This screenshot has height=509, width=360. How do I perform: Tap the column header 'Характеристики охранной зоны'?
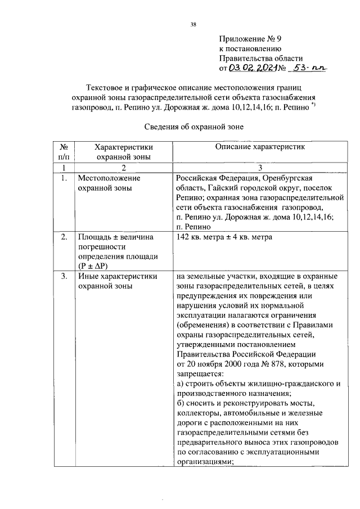coord(123,151)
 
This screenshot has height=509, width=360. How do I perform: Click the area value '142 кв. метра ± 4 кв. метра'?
coord(224,237)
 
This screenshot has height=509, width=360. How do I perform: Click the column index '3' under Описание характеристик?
coord(260,168)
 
